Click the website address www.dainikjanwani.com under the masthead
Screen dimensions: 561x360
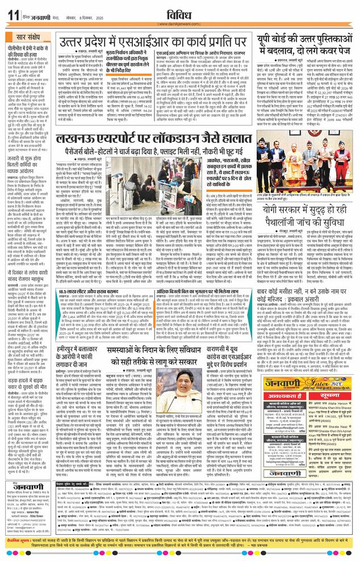(178, 24)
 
